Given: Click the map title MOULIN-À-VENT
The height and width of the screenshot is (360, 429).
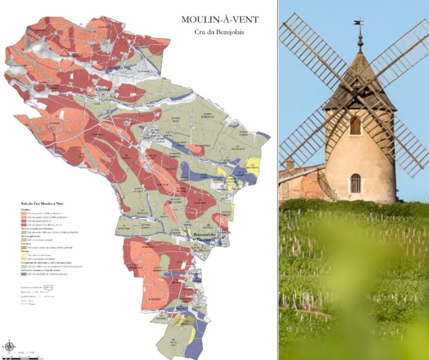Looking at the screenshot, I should pos(220,20).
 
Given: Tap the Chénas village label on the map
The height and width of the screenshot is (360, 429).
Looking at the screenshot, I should pos(103,89).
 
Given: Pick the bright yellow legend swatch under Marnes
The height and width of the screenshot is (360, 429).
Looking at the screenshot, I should pos(23,255).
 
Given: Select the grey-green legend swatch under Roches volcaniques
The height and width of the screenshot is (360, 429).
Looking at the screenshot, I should pos(23,233).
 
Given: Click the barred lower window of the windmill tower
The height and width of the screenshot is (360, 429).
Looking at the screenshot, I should pos(355,183).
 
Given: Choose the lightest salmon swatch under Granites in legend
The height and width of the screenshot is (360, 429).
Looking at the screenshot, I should pos(23,213).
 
